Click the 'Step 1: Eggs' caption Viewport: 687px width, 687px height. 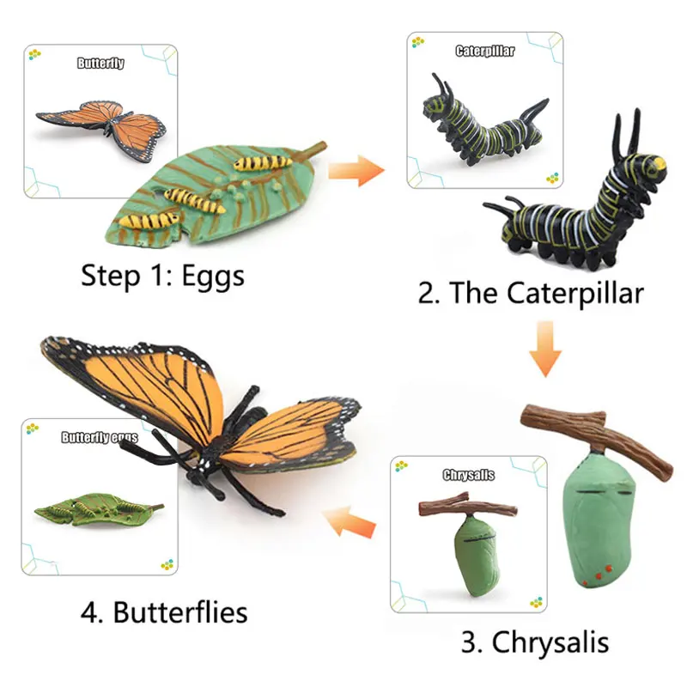click(x=162, y=276)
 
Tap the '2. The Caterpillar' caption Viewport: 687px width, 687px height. click(x=530, y=293)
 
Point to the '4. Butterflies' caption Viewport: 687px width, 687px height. click(x=164, y=612)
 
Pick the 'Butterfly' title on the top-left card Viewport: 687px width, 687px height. click(x=101, y=64)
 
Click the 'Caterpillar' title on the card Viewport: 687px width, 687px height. click(x=485, y=52)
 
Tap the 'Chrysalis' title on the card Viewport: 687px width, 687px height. click(x=468, y=475)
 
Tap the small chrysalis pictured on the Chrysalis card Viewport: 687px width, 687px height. click(x=471, y=554)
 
